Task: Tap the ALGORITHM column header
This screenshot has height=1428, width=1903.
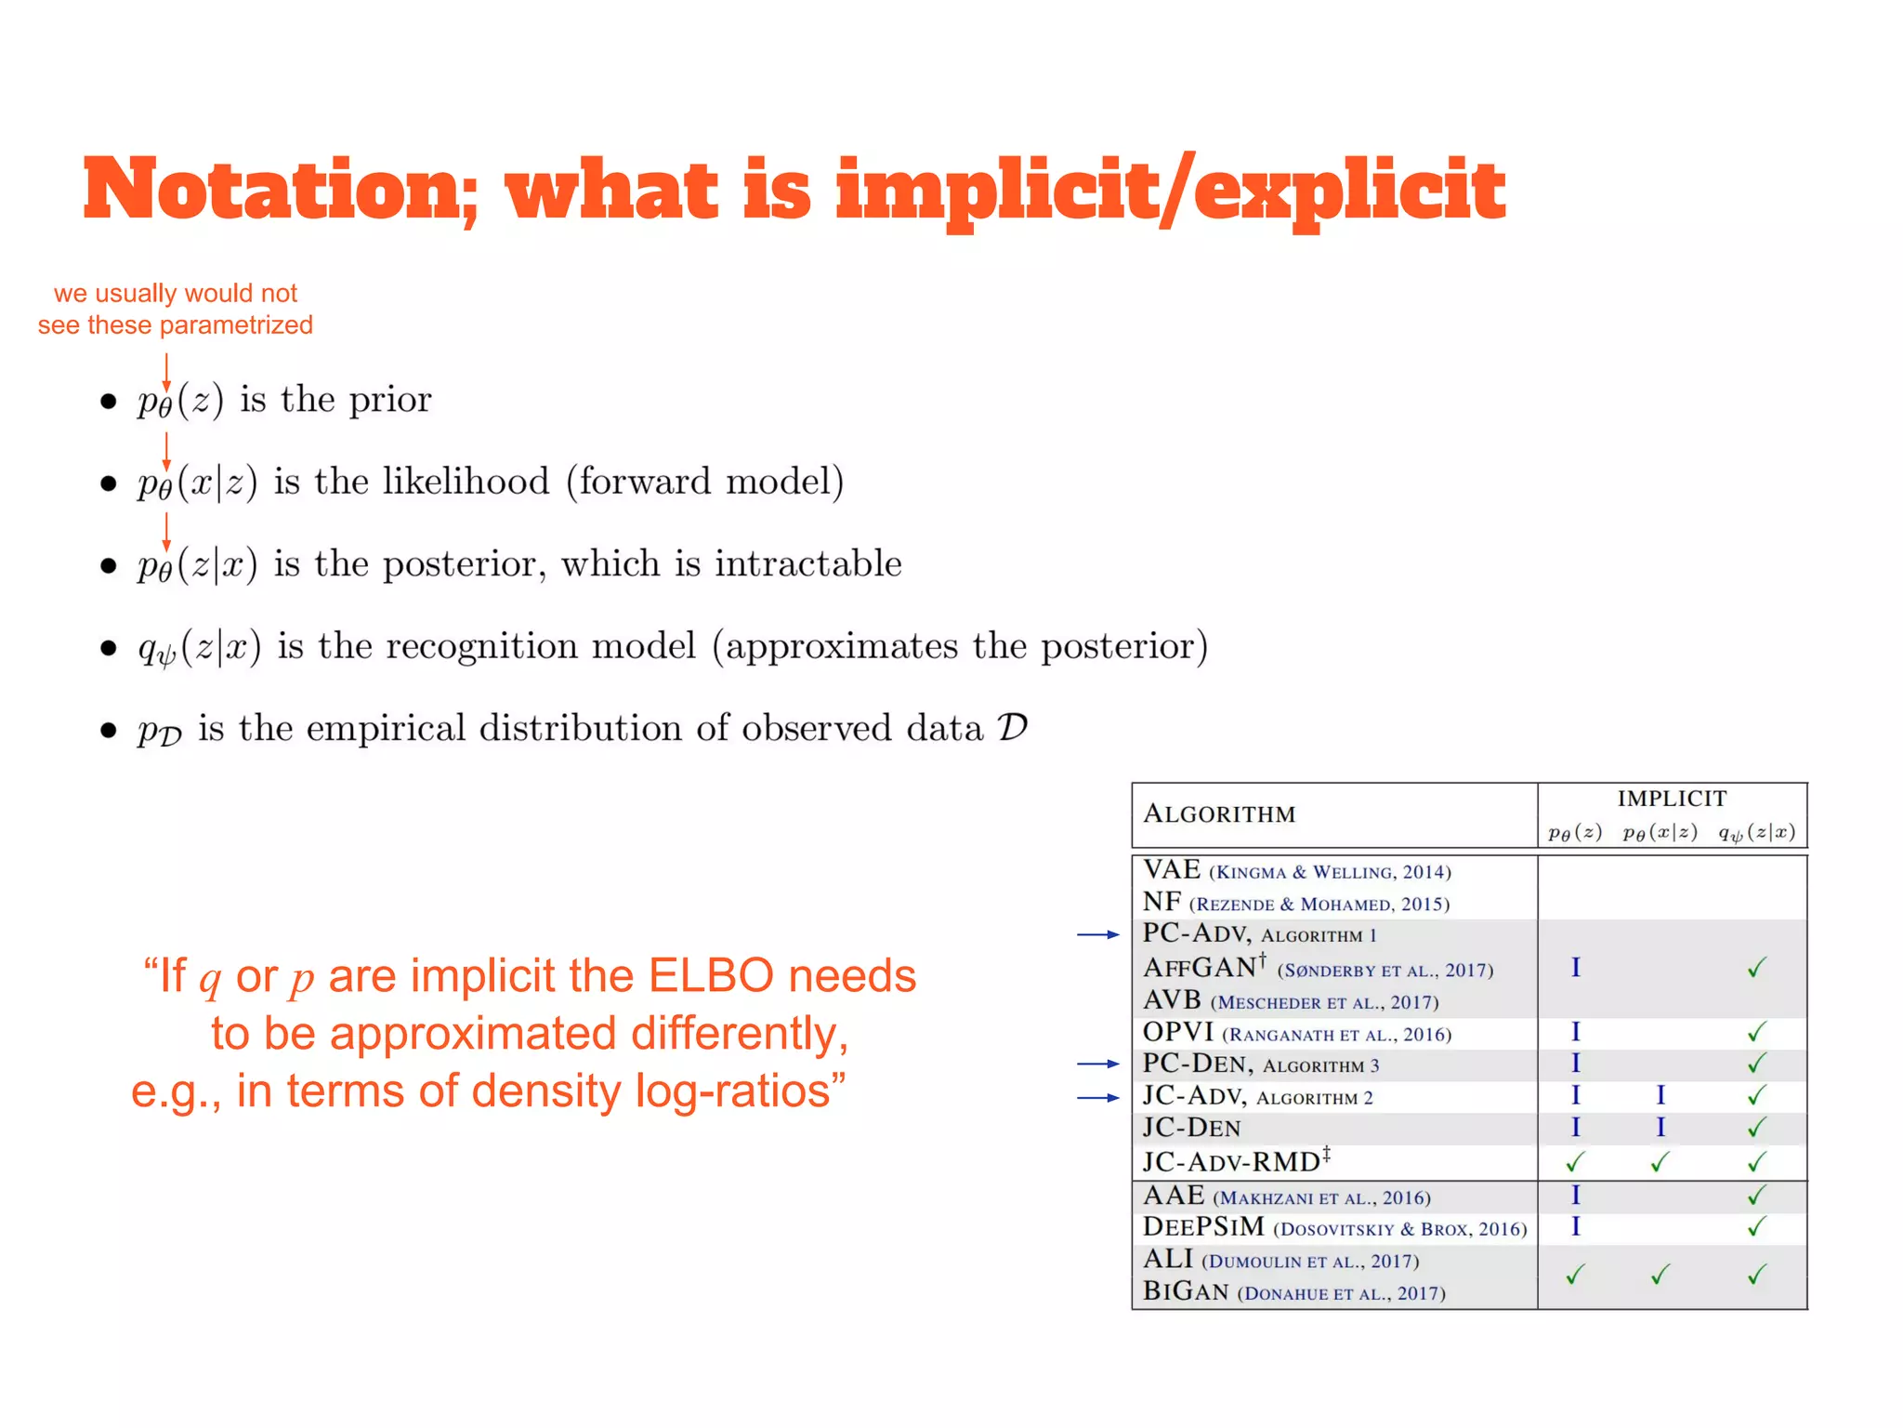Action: (1219, 814)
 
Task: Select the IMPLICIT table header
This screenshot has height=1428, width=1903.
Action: (1672, 799)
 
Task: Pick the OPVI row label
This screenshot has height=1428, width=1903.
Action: (1178, 1032)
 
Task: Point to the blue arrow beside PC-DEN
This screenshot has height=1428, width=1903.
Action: (1098, 1064)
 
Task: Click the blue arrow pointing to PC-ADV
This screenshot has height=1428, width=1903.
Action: (1098, 934)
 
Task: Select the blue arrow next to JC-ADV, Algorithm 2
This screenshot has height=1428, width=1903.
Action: (1098, 1098)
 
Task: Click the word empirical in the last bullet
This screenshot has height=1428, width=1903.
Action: (386, 728)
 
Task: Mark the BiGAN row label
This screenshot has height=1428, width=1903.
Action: (1186, 1291)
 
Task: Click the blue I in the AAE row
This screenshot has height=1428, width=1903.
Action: (1576, 1196)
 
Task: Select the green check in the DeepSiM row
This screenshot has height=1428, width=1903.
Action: (1756, 1228)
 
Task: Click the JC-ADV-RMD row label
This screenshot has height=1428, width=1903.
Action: (1232, 1162)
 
